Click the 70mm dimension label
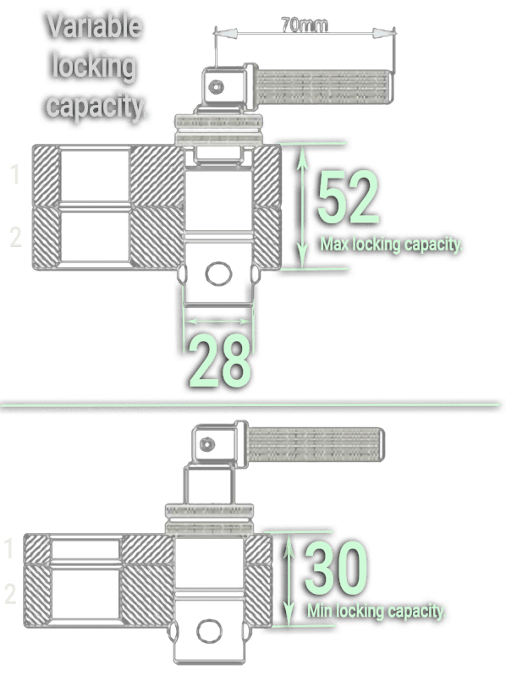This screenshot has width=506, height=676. click(305, 25)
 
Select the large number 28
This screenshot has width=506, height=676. click(220, 361)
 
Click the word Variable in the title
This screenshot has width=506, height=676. click(94, 26)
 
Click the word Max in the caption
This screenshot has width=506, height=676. click(335, 244)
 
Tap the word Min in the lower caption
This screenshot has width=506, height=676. click(320, 611)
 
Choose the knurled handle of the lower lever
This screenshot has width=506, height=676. click(316, 444)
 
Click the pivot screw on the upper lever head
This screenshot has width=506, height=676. click(216, 87)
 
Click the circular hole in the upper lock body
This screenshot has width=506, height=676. click(218, 274)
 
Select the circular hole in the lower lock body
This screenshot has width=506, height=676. click(210, 631)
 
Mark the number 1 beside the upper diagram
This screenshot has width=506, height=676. click(15, 174)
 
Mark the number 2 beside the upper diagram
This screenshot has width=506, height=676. click(15, 237)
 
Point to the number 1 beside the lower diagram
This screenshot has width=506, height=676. click(9, 548)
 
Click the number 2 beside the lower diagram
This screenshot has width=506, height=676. click(10, 594)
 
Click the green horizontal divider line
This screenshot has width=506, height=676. click(250, 404)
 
